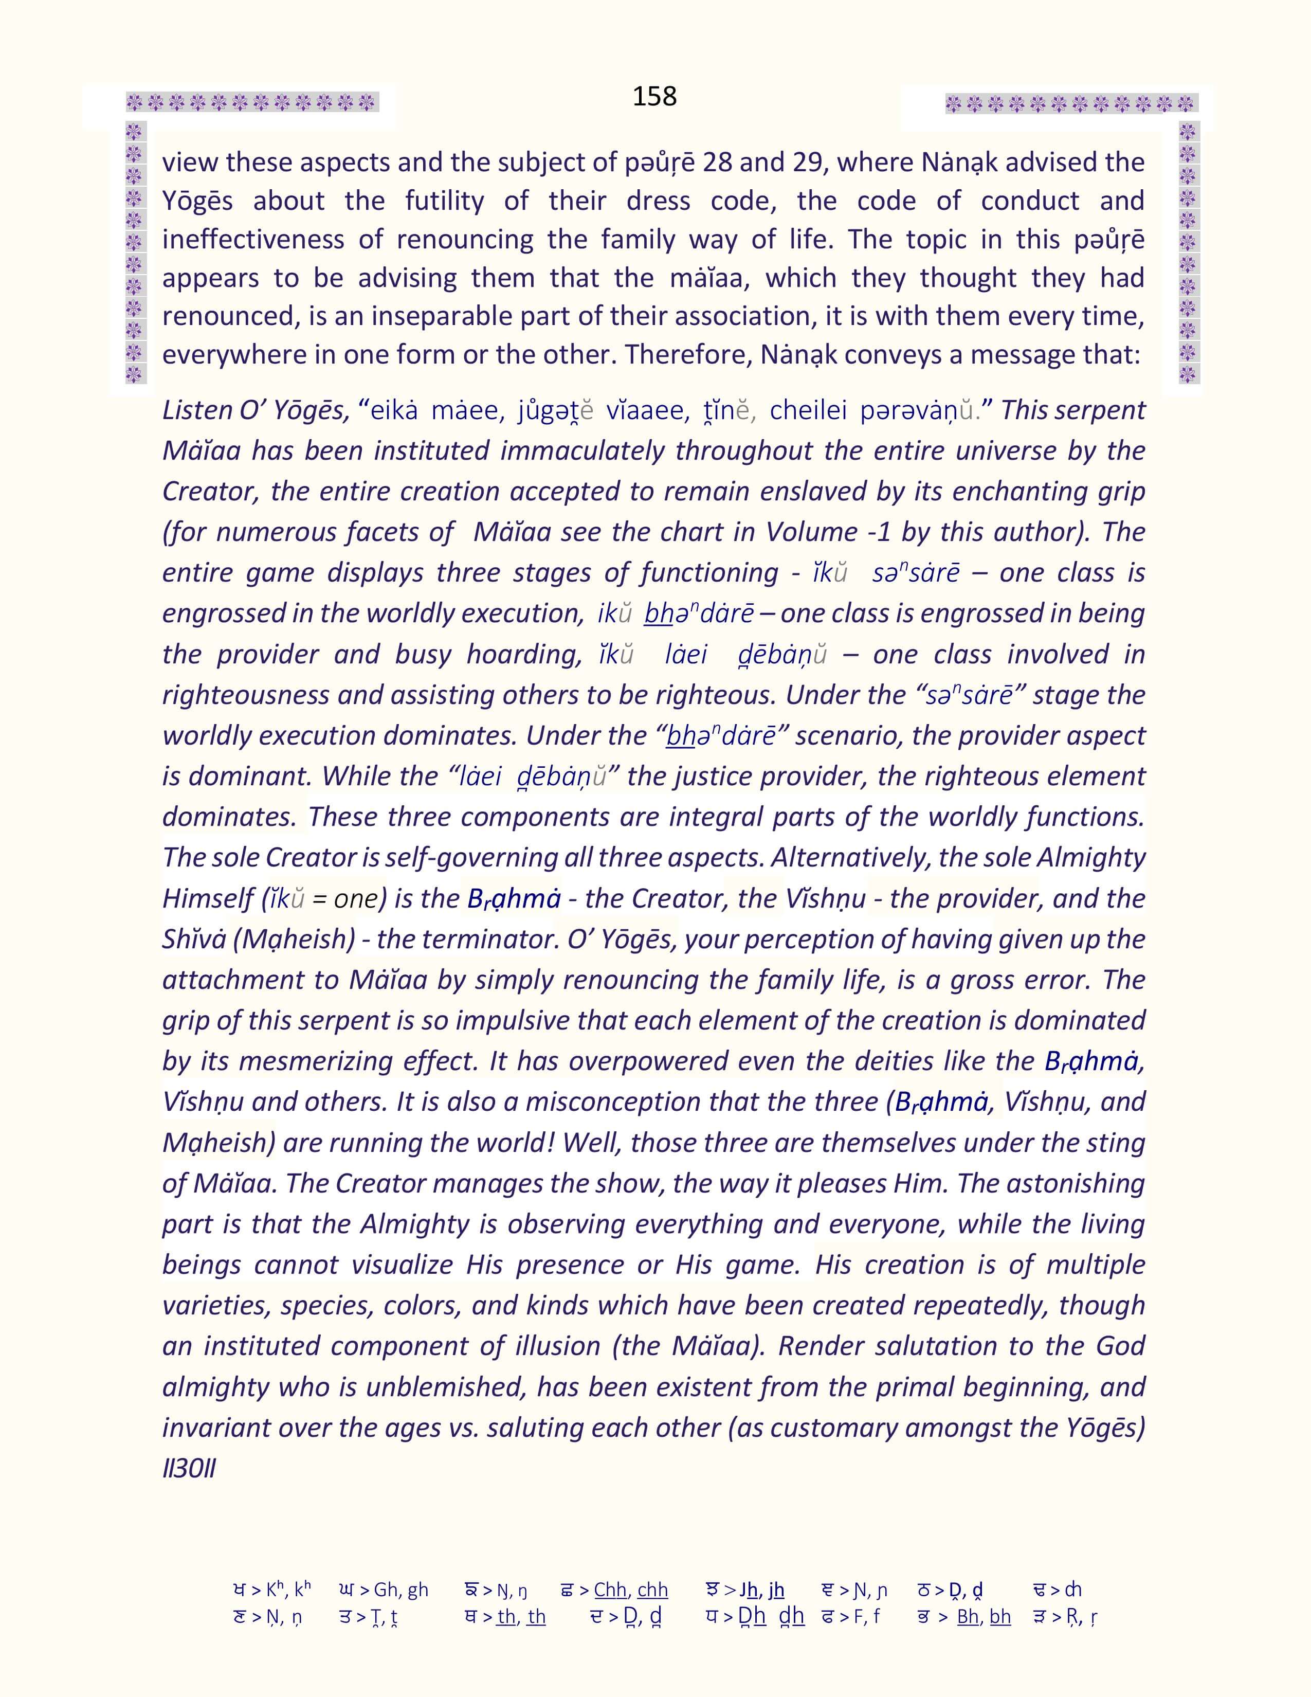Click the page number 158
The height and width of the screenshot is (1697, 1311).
click(654, 96)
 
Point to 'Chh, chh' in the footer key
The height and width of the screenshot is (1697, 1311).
click(631, 1591)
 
